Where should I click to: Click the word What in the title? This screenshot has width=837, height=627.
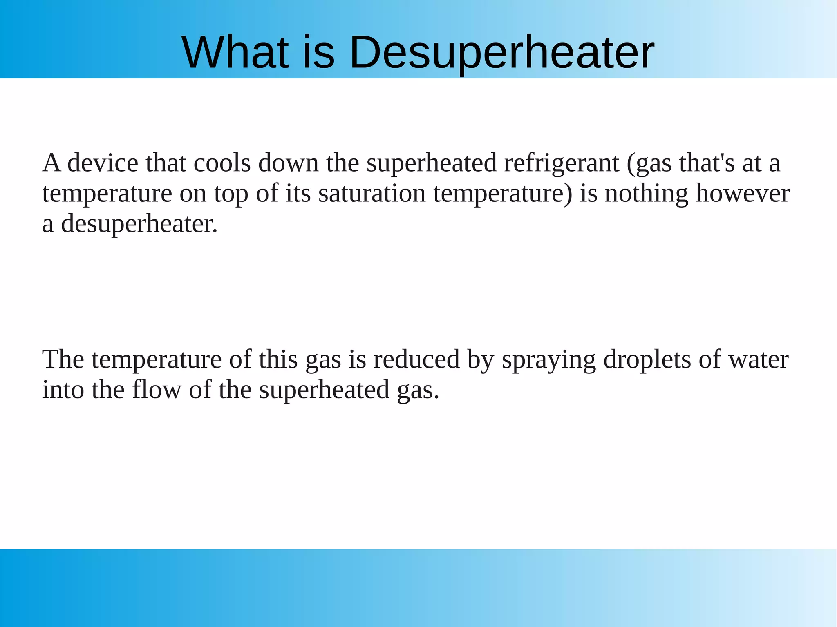[235, 52]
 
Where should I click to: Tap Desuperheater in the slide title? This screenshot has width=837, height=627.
[501, 53]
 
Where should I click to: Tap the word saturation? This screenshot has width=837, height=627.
[372, 193]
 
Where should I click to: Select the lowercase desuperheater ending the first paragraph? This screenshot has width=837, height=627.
[139, 224]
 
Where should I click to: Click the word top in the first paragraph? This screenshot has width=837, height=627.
[231, 194]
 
